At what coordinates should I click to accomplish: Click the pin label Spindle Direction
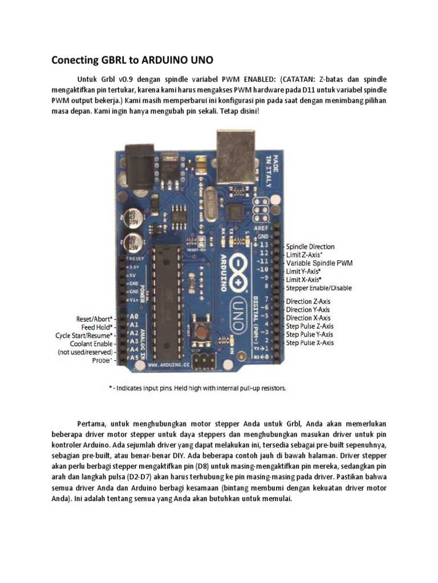pyautogui.click(x=310, y=247)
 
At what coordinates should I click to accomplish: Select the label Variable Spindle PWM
pyautogui.click(x=319, y=263)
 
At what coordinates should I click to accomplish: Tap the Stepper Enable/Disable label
pyautogui.click(x=319, y=288)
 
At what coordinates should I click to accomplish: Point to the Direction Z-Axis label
pyautogui.click(x=308, y=301)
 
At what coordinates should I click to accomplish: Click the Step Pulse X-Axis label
pyautogui.click(x=310, y=343)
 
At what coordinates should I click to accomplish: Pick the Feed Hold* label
pyautogui.click(x=98, y=327)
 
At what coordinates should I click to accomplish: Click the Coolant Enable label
pyautogui.click(x=91, y=344)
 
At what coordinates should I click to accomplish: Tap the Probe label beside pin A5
pyautogui.click(x=101, y=360)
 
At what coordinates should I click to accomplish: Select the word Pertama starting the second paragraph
pyautogui.click(x=92, y=424)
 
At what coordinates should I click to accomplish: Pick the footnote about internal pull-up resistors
pyautogui.click(x=197, y=388)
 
